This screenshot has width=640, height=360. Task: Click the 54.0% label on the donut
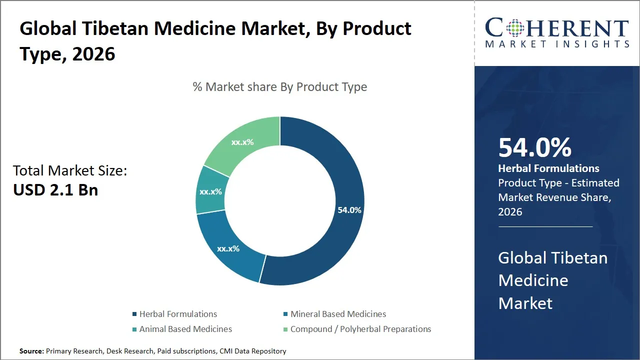[x=349, y=210]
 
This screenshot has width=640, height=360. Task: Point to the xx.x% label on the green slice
[x=242, y=142]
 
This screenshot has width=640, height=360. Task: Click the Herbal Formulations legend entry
[x=178, y=314]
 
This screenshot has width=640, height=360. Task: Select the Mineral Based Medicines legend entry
[x=338, y=314]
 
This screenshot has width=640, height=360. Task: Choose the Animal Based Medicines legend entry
[x=185, y=329]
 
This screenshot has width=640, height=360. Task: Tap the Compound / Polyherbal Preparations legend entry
[x=360, y=329]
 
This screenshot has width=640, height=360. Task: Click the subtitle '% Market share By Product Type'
[x=280, y=87]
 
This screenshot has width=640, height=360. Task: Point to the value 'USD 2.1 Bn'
[x=55, y=190]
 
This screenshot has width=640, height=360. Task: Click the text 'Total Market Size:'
[x=70, y=171]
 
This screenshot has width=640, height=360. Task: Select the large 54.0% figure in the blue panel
[x=534, y=148]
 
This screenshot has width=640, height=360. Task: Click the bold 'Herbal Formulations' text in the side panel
[x=548, y=168]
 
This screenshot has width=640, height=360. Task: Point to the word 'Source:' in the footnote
[x=31, y=351]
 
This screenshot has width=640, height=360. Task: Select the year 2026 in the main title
[x=93, y=54]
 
